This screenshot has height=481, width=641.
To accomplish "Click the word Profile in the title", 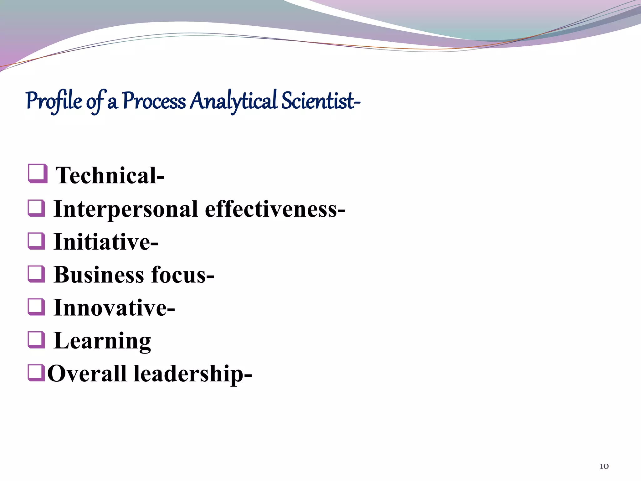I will (x=54, y=101).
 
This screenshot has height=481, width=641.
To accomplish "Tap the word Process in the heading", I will (x=154, y=101).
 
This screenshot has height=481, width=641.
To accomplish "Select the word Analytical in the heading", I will (x=233, y=101).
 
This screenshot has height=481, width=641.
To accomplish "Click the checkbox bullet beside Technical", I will (x=38, y=173).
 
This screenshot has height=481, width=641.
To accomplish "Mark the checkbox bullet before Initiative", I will (x=36, y=241).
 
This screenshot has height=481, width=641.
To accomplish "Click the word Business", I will (x=99, y=275).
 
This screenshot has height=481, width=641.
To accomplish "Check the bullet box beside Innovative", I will (x=36, y=307).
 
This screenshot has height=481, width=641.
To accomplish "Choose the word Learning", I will (x=102, y=341).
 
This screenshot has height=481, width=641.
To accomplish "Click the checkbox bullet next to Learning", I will (x=36, y=340).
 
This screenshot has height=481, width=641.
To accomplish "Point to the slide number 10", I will (x=604, y=466).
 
